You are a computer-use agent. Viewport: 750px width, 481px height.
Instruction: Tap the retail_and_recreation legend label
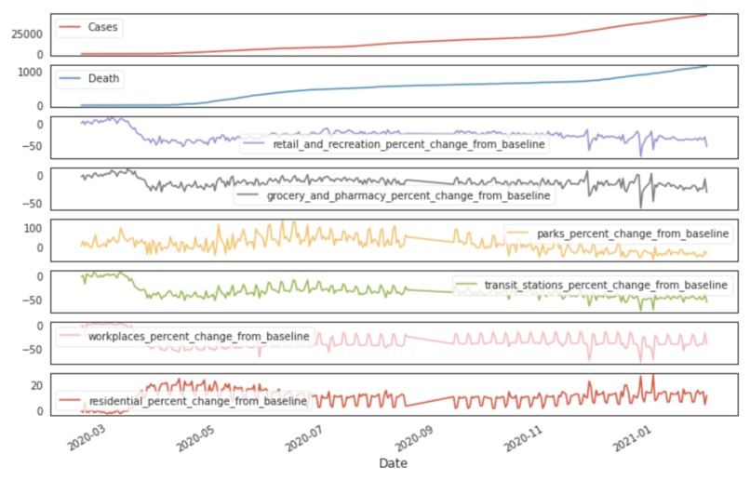click(x=408, y=144)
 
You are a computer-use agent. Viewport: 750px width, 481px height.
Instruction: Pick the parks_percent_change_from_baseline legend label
click(x=630, y=233)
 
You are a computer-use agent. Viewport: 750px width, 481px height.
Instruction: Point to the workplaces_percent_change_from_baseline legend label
click(x=198, y=335)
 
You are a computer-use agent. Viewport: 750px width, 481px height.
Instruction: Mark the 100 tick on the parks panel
click(x=33, y=228)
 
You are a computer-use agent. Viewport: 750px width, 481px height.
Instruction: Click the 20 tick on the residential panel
click(x=37, y=385)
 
